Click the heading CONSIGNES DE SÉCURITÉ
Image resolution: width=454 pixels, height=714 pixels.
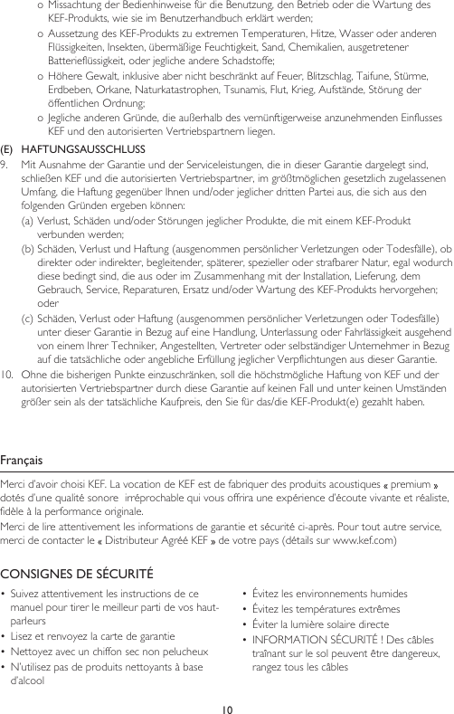coord(76,574)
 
